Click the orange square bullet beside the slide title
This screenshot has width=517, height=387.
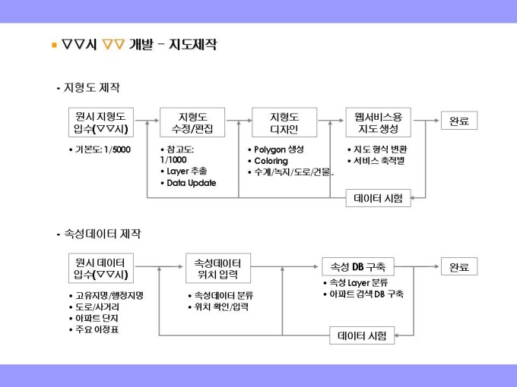click(x=54, y=46)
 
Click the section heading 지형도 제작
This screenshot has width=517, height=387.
click(x=90, y=88)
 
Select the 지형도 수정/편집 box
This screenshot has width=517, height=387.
click(x=192, y=122)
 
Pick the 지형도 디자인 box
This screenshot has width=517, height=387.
click(x=284, y=122)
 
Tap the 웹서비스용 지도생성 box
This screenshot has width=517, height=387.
click(x=378, y=122)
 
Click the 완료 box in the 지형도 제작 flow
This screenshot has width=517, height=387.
click(x=459, y=121)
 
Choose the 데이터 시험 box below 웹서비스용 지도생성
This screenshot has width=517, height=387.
click(x=378, y=198)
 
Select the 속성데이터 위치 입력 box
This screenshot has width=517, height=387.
click(x=217, y=267)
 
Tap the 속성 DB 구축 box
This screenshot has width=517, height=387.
click(x=357, y=267)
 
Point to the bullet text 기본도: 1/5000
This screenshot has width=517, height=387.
click(x=102, y=149)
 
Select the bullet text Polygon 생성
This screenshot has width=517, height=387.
click(x=278, y=149)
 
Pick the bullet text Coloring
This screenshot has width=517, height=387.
click(x=271, y=161)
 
